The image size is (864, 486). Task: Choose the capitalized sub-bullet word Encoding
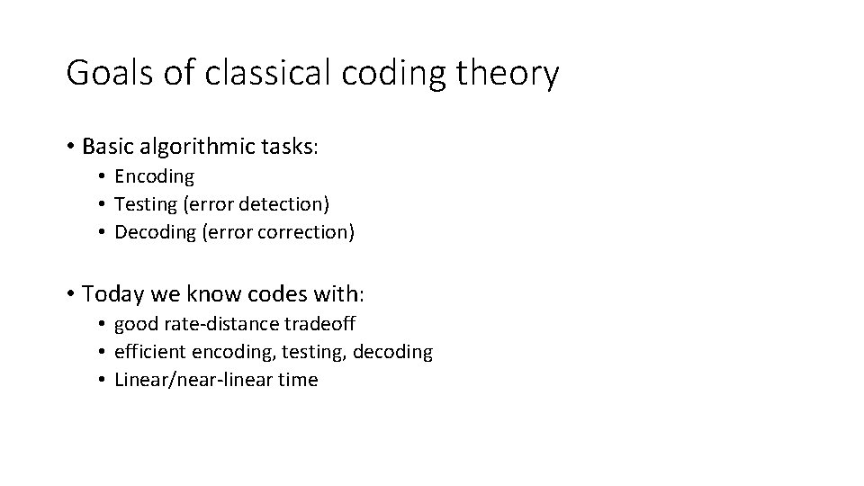click(154, 176)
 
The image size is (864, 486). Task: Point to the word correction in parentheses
click(306, 232)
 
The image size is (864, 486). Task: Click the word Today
click(109, 293)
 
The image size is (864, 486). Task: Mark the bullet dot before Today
click(70, 294)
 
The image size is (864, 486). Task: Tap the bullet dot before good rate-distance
click(104, 324)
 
